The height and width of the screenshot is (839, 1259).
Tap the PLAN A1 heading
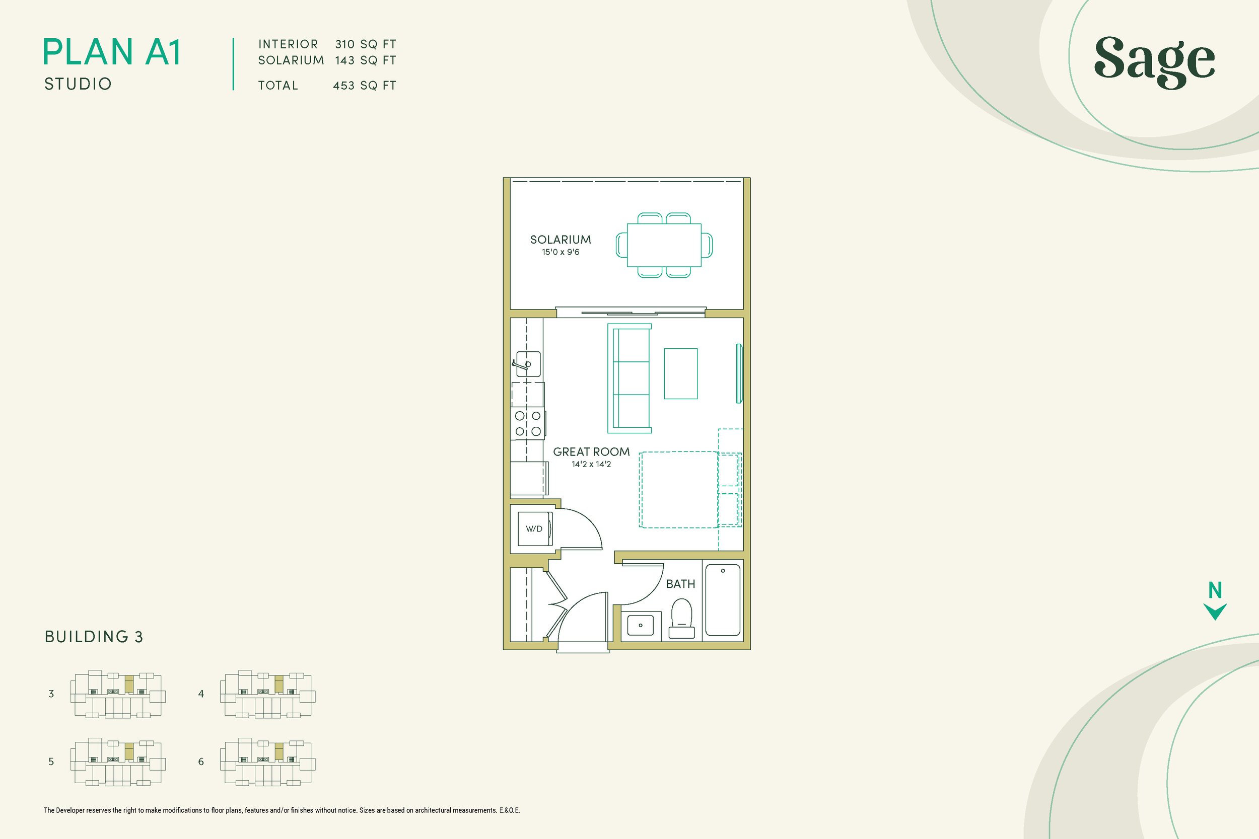coord(111,52)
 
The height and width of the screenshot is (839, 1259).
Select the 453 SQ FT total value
coord(364,86)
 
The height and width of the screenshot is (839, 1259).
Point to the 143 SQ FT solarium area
coord(365,60)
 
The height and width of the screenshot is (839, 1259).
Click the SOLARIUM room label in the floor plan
coord(560,240)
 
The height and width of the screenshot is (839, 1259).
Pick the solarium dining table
coord(664,245)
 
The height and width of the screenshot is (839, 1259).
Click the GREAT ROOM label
coord(591,451)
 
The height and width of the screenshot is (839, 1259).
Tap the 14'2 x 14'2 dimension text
coord(591,465)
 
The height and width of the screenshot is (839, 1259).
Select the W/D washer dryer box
coord(534,528)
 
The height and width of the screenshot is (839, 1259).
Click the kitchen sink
coord(528,364)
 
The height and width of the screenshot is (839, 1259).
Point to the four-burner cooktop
coord(528,423)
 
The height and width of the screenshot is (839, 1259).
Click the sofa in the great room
coord(630,378)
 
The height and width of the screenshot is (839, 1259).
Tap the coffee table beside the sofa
coord(680,373)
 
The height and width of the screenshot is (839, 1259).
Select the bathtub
coord(723,600)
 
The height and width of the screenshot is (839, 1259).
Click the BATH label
coord(680,584)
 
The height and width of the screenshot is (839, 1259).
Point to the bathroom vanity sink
coord(640,625)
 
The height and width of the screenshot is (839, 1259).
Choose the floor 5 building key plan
coord(118,762)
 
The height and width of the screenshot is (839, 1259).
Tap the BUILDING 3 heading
coord(94,637)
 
